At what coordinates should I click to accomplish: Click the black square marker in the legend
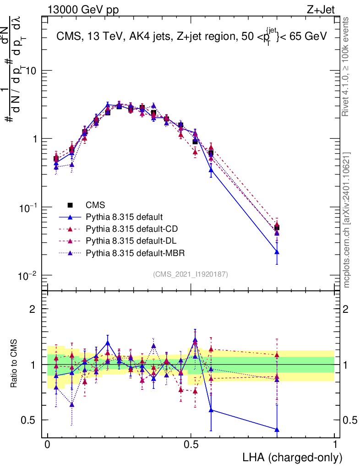[x=70, y=204]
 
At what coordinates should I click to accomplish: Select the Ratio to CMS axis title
[x=15, y=364]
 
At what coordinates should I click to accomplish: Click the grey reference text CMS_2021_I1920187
[x=191, y=274]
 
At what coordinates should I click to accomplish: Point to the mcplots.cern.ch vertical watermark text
[x=348, y=220]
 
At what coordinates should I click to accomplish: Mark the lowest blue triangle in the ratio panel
[x=277, y=429]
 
